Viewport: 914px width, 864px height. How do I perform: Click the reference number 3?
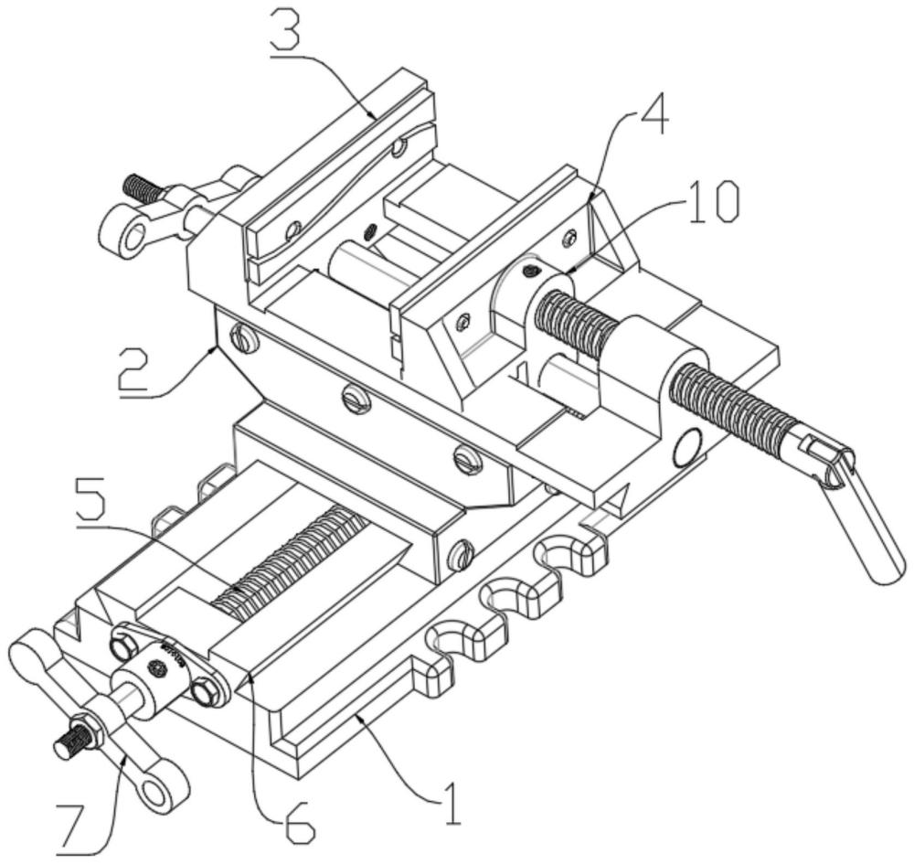pyautogui.click(x=284, y=33)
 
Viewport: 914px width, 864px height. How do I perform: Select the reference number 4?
pyautogui.click(x=653, y=120)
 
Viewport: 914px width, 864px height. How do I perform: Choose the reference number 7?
pyautogui.click(x=77, y=826)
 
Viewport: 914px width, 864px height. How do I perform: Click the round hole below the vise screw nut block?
pyautogui.click(x=688, y=448)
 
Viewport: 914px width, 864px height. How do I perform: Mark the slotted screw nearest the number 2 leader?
pyautogui.click(x=245, y=338)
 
